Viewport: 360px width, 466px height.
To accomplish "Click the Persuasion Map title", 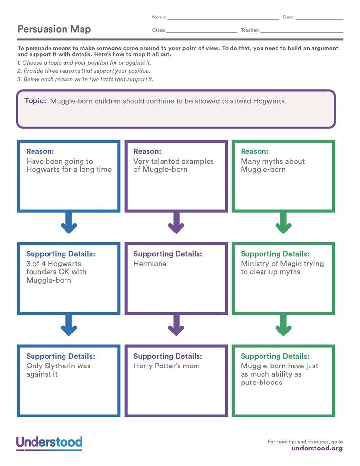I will (x=54, y=29).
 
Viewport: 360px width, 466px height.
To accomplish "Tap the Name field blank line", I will (x=223, y=18).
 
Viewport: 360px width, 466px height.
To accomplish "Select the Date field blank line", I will (x=319, y=18).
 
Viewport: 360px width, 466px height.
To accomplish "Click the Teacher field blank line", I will (x=301, y=32).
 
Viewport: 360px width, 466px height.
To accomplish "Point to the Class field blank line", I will (x=202, y=32).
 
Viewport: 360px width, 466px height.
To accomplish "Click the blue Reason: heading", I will (x=40, y=151).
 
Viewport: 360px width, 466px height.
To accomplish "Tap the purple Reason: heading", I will (x=147, y=151).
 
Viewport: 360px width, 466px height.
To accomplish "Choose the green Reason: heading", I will (x=254, y=151).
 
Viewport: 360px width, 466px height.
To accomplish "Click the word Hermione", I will (x=150, y=264).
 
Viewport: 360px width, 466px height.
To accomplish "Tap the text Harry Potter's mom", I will (x=166, y=366).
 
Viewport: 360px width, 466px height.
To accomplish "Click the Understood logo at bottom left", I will (x=49, y=443).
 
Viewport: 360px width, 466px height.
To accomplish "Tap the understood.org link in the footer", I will (x=317, y=449).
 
